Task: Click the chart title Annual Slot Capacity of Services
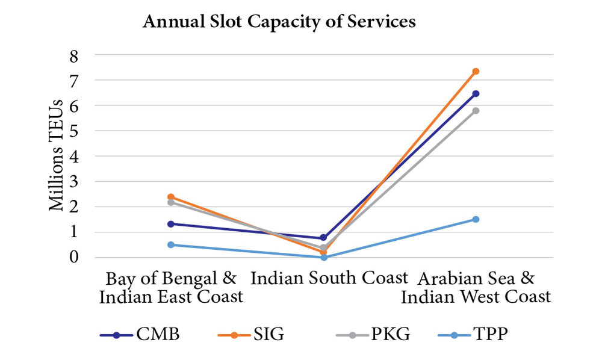coord(279,23)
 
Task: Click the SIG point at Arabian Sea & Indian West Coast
coord(476,71)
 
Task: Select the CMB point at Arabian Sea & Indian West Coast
coord(476,93)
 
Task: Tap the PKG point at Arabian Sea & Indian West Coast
coord(476,111)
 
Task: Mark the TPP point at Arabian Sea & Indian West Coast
coord(476,219)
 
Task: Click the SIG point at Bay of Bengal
coord(171,197)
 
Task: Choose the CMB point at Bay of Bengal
coord(171,224)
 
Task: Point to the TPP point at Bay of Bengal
coord(171,244)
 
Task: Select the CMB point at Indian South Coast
coord(323,238)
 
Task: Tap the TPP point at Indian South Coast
coord(323,257)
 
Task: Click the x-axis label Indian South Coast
coord(329,279)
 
